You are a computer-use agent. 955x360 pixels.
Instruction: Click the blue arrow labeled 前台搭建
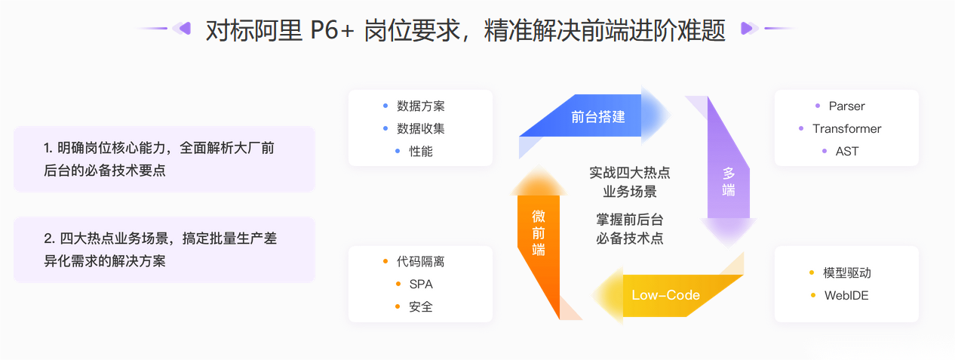597,116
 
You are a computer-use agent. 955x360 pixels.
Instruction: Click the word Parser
846,106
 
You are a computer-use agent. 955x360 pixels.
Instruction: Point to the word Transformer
846,128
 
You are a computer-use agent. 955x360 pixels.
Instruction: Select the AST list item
847,151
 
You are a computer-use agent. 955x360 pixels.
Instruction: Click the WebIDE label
846,295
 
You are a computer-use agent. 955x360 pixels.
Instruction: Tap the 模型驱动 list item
846,272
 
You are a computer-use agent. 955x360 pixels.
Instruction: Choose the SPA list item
421,284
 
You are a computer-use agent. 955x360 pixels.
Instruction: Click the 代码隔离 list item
420,261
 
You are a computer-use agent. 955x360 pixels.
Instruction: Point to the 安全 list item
421,306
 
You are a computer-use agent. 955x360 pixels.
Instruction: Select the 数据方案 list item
420,106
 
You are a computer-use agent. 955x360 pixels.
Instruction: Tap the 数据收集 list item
420,128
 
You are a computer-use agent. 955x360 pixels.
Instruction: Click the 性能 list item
421,151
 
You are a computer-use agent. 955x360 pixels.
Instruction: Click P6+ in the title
332,31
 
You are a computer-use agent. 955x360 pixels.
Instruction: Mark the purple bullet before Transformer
801,128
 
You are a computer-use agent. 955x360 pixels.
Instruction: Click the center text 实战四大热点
630,173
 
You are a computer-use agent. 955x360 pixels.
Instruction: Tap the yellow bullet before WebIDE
813,295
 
